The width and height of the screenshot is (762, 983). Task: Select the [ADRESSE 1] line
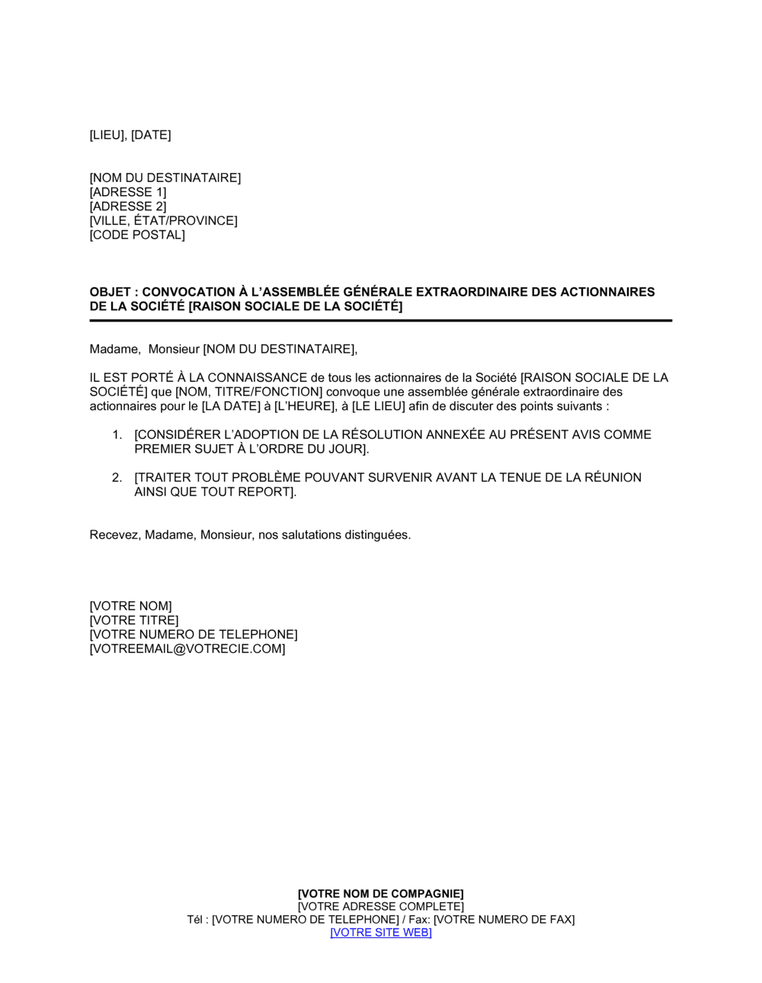[128, 192]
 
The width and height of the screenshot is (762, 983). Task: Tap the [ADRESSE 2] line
[128, 207]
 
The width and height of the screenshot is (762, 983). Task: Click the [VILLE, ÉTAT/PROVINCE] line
[163, 221]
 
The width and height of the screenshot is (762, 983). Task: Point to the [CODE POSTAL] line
[137, 235]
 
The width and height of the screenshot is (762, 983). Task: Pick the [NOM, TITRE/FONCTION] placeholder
[248, 392]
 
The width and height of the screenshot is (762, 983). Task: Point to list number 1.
[117, 435]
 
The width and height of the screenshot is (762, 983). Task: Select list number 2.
[117, 478]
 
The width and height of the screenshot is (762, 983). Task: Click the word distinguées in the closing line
[378, 535]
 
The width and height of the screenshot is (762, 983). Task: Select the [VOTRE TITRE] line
[134, 621]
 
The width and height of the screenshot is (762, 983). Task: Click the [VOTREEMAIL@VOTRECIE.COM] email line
[187, 649]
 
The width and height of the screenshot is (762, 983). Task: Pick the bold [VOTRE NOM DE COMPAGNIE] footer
[381, 894]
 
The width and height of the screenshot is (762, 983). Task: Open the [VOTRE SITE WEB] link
[381, 933]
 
